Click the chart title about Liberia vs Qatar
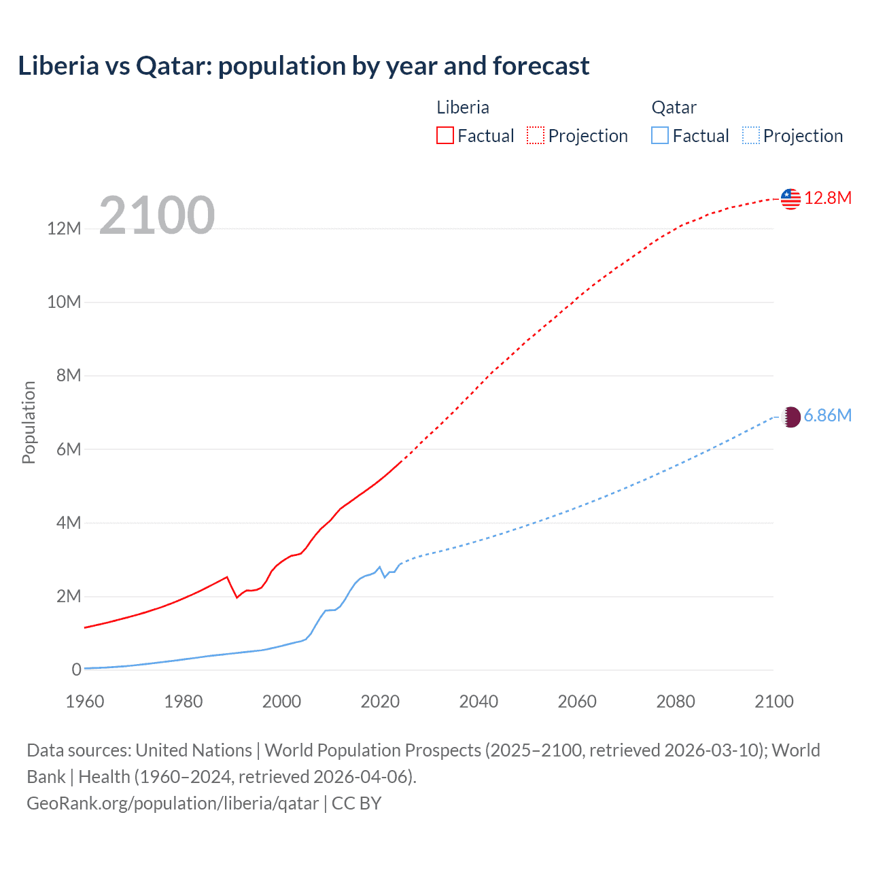coord(303,66)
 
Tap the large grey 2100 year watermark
coord(157,215)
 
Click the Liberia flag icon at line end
coord(790,198)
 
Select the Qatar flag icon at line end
coord(790,417)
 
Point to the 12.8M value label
coord(827,198)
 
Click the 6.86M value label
coord(827,415)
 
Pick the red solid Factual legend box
coord(445,136)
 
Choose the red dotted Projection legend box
coord(536,136)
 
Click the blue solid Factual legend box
coord(660,136)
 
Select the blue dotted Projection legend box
coord(751,136)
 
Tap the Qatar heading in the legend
coord(674,107)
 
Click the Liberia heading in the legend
coord(462,107)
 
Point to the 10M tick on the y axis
coord(64,302)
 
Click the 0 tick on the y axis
coord(76,669)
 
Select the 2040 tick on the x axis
coord(478,701)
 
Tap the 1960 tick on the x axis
coord(85,701)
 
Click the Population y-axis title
coord(29,422)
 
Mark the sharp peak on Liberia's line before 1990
coord(227,577)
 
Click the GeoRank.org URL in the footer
coord(173,803)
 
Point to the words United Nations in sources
coord(194,750)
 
